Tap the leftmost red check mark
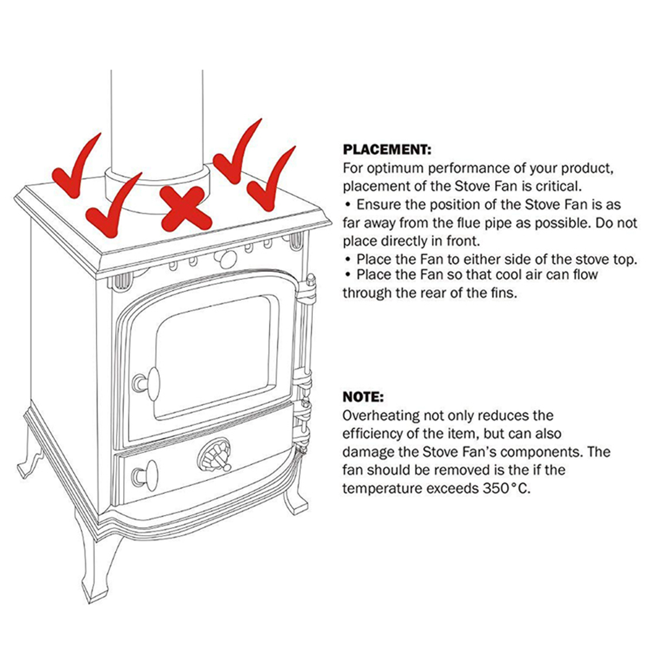(73, 172)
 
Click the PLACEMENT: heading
(387, 149)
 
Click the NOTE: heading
(363, 398)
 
